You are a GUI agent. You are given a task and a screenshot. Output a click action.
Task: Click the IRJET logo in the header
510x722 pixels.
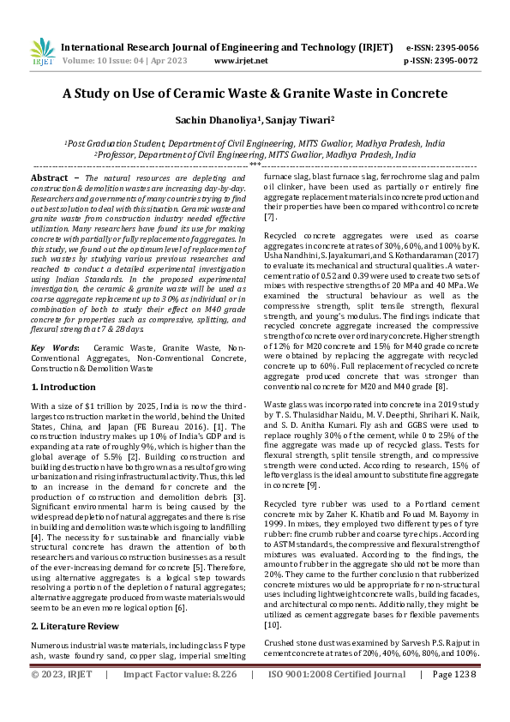(42, 53)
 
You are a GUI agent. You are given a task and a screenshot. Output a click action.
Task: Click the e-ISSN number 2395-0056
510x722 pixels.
(453, 48)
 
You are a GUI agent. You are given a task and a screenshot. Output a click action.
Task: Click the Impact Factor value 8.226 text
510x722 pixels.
(178, 698)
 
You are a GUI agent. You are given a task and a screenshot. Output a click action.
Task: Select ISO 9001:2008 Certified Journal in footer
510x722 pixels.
(337, 698)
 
